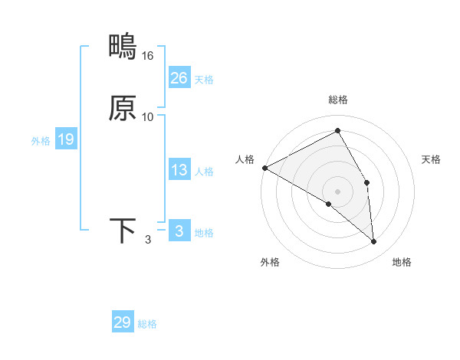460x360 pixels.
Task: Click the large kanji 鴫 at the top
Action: tap(123, 47)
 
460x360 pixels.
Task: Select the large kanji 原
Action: tap(123, 108)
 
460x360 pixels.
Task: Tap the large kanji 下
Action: tap(123, 231)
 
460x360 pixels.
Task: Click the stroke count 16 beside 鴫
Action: tap(148, 56)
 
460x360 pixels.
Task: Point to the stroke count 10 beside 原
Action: tap(148, 117)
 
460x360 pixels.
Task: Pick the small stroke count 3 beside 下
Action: tap(148, 240)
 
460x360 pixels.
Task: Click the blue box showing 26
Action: tap(179, 78)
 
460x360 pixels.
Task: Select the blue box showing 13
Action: tap(179, 170)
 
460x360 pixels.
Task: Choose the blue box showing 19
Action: tap(66, 139)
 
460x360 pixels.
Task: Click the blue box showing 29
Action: tap(123, 322)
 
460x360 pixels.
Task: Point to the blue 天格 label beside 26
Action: tap(204, 80)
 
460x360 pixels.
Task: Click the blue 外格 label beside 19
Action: tap(41, 141)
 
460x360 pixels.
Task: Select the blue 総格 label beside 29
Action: tap(147, 324)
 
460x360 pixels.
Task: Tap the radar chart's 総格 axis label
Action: tap(338, 100)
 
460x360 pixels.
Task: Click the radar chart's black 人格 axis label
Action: tap(245, 159)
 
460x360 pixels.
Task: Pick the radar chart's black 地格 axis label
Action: tap(402, 262)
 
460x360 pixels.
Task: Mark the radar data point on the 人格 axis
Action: tap(264, 168)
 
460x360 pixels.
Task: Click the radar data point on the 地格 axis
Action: tap(373, 241)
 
